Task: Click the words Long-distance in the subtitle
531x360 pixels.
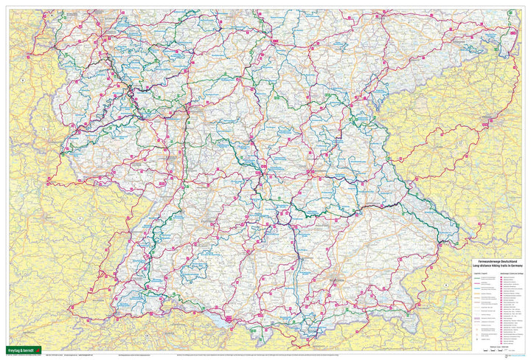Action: tap(482, 266)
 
